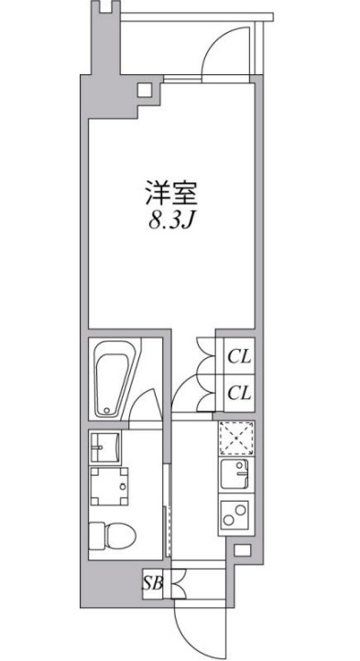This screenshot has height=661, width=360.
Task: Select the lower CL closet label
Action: (239, 393)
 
